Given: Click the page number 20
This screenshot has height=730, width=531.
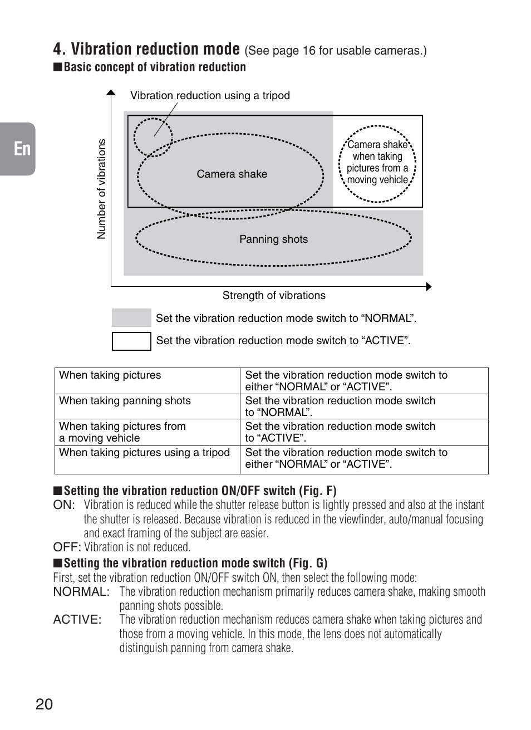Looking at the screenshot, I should (44, 704).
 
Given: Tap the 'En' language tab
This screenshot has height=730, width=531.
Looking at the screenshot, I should (22, 149).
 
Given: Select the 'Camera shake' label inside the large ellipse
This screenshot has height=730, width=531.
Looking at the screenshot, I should (232, 174).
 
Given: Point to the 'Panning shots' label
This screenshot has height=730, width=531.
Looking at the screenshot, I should (273, 239).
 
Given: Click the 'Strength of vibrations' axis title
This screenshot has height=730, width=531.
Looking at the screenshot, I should (274, 296).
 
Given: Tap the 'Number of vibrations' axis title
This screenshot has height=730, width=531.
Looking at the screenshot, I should (101, 189).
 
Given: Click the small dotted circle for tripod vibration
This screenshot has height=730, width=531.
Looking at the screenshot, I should (152, 137).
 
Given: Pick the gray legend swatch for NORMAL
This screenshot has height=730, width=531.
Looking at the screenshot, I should (131, 318).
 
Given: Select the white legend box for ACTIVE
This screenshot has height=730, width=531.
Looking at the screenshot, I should (131, 341).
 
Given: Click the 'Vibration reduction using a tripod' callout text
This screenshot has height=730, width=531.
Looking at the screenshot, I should (210, 95).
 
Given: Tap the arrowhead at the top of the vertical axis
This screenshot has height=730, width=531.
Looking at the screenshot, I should (111, 92).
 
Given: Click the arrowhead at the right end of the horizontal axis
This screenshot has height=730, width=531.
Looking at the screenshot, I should (428, 287).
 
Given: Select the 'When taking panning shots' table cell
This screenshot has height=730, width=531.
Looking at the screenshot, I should (125, 401).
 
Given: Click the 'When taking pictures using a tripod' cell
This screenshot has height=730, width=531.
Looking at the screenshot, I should (144, 453).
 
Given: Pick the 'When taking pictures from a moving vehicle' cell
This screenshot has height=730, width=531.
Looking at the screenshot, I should (122, 432).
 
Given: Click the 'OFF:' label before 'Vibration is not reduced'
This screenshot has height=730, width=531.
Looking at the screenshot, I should (67, 547).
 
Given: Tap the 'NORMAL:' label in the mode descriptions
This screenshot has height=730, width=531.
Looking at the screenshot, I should (81, 592).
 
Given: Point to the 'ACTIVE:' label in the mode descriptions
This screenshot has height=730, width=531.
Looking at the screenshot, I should (77, 620).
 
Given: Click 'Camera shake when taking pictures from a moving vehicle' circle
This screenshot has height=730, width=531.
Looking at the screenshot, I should (377, 163).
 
